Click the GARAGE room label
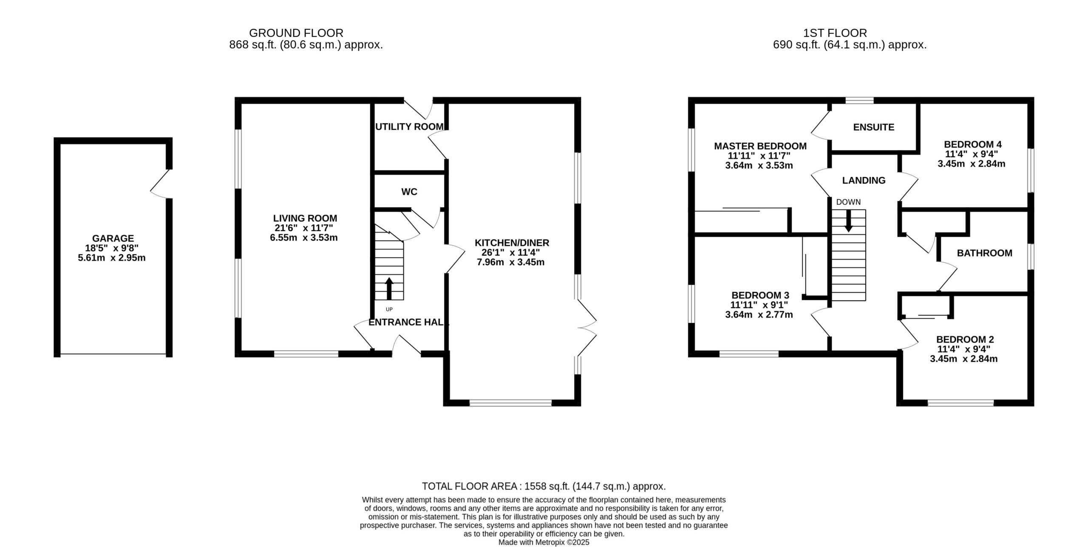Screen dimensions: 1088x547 pyautogui.click(x=113, y=238)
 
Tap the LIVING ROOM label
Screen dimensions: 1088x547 pyautogui.click(x=305, y=218)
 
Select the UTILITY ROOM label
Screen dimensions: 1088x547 pyautogui.click(x=409, y=127)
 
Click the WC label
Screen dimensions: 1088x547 pyautogui.click(x=409, y=192)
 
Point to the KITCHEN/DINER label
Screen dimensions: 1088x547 pyautogui.click(x=512, y=243)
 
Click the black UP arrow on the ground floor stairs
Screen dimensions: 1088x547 pyautogui.click(x=389, y=289)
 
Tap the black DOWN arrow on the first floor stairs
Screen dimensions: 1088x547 pyautogui.click(x=848, y=221)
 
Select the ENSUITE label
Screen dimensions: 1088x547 pyautogui.click(x=874, y=127)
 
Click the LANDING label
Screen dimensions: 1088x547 pyautogui.click(x=864, y=180)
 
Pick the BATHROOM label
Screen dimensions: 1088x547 pyautogui.click(x=984, y=253)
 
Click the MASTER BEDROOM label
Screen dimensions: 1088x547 pyautogui.click(x=760, y=146)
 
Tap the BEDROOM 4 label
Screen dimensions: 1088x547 pyautogui.click(x=971, y=144)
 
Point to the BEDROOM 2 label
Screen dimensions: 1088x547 pyautogui.click(x=965, y=339)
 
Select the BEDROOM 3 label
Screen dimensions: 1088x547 pyautogui.click(x=760, y=295)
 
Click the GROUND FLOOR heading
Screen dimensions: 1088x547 pyautogui.click(x=296, y=33)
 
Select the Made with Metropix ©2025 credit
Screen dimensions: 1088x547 pyautogui.click(x=544, y=542)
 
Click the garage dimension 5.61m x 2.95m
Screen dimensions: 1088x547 pyautogui.click(x=112, y=258)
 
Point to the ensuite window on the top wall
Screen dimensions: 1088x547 pyautogui.click(x=859, y=100)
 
